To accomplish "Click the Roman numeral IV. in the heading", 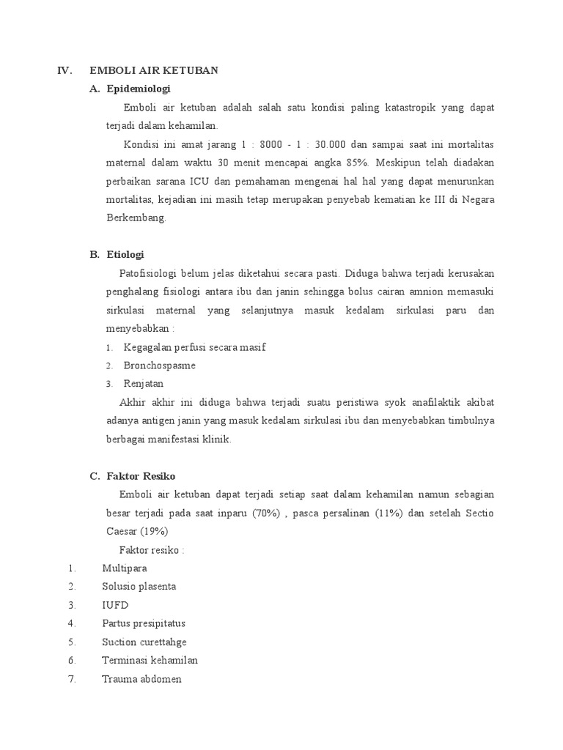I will pos(65,70).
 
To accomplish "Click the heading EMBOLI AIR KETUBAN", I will pos(154,70).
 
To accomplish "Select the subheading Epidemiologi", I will pos(139,89).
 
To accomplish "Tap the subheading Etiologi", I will pos(125,255).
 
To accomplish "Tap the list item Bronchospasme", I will pos(160,365).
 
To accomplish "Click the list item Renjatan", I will pos(144,383).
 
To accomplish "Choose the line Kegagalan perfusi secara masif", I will pos(194,346).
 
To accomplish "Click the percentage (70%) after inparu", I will pos(266,513).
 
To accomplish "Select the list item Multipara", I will pos(125,568).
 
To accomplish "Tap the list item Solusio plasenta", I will pos(139,586).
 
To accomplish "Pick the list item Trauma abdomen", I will pos(142,679).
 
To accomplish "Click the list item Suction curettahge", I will pos(144,642).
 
